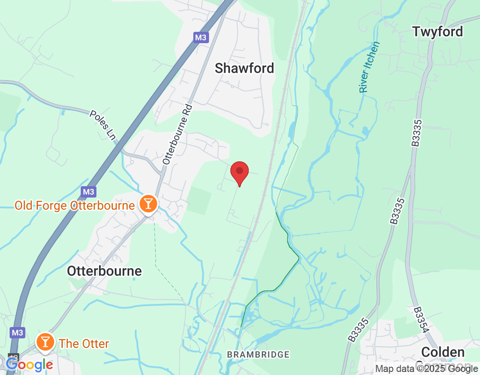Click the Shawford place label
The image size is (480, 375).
tap(244, 68)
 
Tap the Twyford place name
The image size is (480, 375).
tap(437, 31)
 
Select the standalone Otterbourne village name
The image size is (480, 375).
tap(104, 271)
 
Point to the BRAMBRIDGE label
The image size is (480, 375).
tap(258, 355)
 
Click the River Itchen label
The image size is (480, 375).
tap(369, 67)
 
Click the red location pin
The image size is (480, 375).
tap(239, 171)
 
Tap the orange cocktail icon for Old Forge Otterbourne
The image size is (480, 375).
tap(148, 204)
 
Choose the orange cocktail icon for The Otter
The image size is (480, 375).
tap(45, 342)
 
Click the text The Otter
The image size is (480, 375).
tap(84, 344)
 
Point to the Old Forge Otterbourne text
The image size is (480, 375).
tap(74, 205)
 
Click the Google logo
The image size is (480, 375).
tap(30, 365)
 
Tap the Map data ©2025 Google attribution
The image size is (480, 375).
tap(426, 369)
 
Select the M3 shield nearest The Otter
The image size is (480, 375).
tap(17, 333)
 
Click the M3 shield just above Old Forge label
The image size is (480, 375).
tap(88, 191)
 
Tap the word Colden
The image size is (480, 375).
tap(442, 352)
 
